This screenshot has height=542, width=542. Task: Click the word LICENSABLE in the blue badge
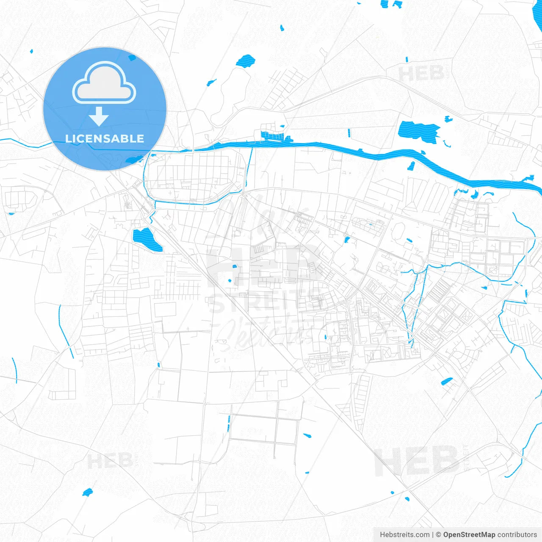tap(105, 138)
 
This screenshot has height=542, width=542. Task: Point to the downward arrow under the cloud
tap(99, 116)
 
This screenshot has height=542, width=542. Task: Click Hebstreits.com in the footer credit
tap(404, 535)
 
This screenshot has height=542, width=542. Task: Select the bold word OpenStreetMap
tap(469, 535)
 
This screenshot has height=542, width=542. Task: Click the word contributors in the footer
tap(517, 535)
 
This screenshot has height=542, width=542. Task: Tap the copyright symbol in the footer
tap(438, 535)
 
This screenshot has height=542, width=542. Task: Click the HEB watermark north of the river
tap(421, 75)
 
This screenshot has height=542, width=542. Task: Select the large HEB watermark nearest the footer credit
tap(417, 462)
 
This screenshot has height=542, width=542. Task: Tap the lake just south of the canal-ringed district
tap(146, 239)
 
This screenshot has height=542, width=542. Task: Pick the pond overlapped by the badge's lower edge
tap(135, 160)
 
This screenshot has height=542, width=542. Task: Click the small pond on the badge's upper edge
tap(132, 57)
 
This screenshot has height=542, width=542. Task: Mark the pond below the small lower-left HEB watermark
tap(87, 492)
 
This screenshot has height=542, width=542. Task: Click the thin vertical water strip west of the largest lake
tap(349, 133)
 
